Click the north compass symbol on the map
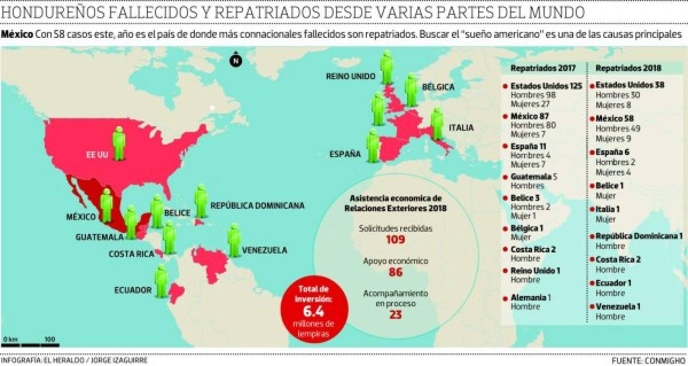point(236,61)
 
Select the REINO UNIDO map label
point(350,76)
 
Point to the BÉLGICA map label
point(438,87)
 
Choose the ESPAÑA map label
point(345,154)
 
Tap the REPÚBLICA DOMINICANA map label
point(257,205)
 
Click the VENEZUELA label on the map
point(264,250)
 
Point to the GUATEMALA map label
point(99,236)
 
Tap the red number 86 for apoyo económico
point(395,272)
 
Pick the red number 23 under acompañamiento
point(395,314)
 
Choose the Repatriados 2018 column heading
point(626,68)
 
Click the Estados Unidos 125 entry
point(546,86)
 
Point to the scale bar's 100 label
point(49,338)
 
